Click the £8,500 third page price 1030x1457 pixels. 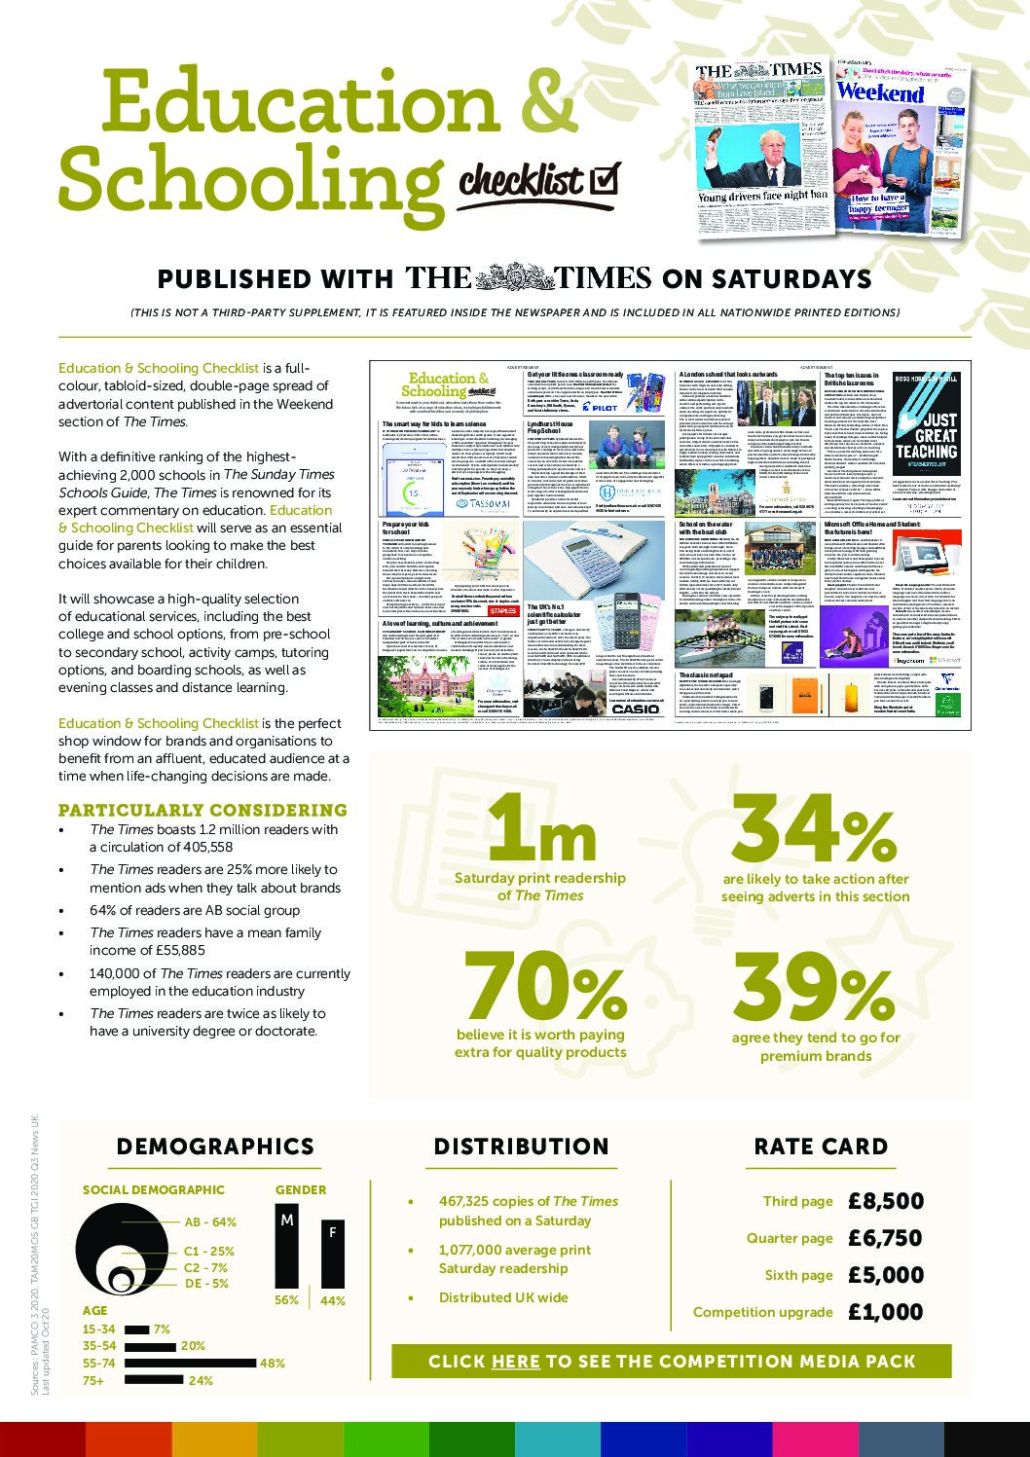click(x=885, y=1201)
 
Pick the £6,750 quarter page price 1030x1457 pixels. click(x=885, y=1238)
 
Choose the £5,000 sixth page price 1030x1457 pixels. click(x=885, y=1275)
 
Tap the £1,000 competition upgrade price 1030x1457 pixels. click(x=885, y=1312)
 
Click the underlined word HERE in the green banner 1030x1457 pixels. click(x=515, y=1362)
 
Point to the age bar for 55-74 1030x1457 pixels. click(x=191, y=1364)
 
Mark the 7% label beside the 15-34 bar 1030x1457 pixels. click(x=162, y=1329)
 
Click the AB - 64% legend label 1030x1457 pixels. click(x=210, y=1221)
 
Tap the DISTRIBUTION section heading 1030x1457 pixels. click(x=521, y=1147)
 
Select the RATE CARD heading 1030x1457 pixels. click(x=821, y=1147)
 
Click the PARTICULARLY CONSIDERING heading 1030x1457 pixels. click(x=202, y=810)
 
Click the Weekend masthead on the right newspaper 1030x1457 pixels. click(x=880, y=92)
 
